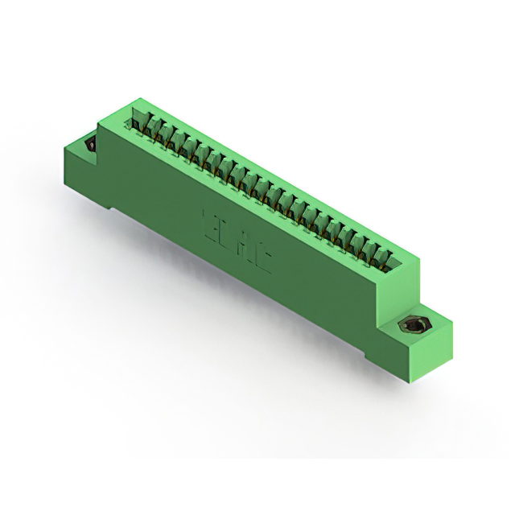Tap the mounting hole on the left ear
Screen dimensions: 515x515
89,145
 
